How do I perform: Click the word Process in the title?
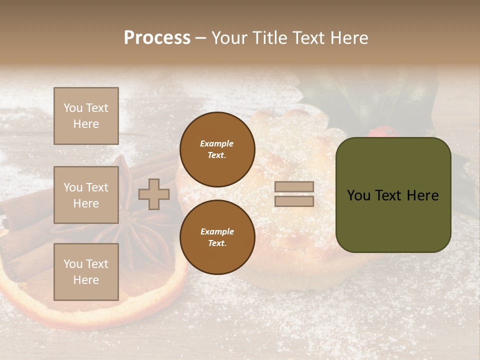pos(157,38)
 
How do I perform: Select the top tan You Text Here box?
pos(86,116)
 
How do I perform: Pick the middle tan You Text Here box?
pos(86,195)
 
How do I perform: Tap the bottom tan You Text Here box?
pos(86,272)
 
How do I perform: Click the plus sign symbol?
pos(154,194)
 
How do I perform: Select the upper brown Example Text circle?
pos(217,149)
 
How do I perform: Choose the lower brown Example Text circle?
pos(217,237)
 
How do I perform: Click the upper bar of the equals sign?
pos(294,187)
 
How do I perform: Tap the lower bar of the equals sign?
pos(294,201)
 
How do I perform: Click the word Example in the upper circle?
pos(216,144)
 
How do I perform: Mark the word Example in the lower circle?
pos(216,232)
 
